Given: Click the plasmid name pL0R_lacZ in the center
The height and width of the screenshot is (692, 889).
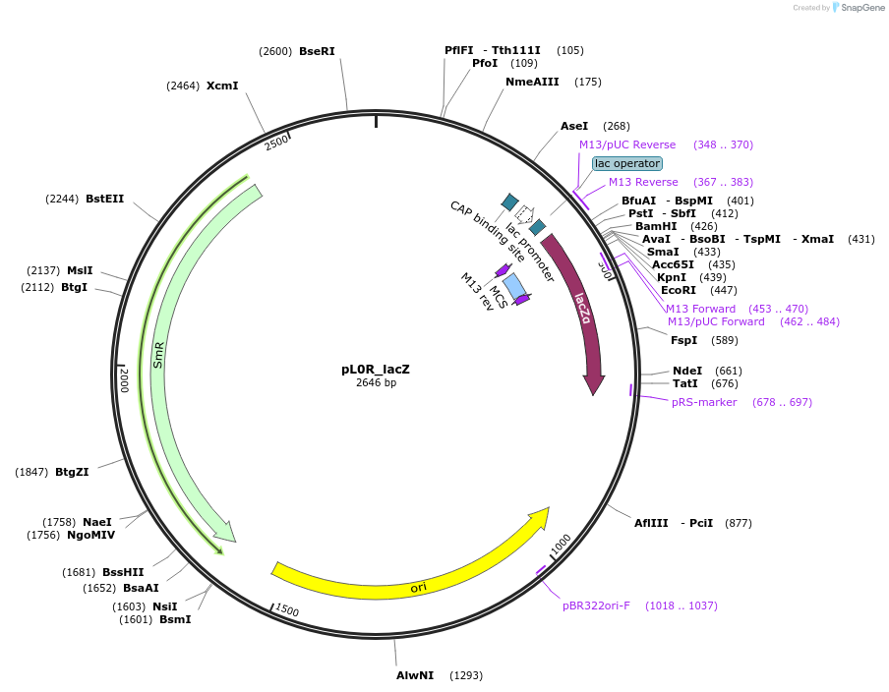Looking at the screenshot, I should coord(376,370).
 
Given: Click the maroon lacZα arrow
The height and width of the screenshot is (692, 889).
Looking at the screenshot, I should coord(586,315).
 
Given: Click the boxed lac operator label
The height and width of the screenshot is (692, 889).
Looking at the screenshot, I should coord(627,163).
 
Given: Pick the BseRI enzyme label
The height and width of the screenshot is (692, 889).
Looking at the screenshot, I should coord(317,51).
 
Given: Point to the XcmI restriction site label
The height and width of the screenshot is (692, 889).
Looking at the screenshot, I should coord(222,86).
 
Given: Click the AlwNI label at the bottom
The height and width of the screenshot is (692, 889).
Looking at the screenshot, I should coord(415,675).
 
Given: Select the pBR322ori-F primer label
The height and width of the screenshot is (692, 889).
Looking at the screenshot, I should coord(596,605).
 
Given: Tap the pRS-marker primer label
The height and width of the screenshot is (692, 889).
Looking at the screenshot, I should coord(704,402).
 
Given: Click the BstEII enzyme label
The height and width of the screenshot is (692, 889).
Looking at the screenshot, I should coord(105,199).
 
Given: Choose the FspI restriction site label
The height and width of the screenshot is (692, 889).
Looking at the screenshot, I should coord(683,340).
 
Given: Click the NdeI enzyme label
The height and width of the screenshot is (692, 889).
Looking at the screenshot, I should coord(685,371).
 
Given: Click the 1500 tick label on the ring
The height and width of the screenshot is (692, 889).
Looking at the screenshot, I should coord(286,610).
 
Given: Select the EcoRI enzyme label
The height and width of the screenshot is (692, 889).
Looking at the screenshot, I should coord(679,290).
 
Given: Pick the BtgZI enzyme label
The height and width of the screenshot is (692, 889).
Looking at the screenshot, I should coord(72,472).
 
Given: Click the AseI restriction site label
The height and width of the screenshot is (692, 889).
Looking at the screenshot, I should coord(574,126).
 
